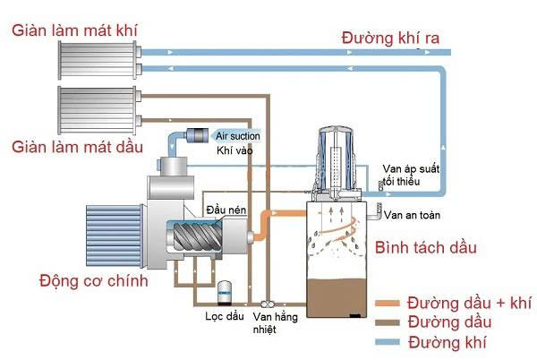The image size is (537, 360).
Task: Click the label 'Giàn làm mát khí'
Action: coord(74,30)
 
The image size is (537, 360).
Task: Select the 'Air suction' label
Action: coord(238,135)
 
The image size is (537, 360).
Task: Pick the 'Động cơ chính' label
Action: coord(81,281)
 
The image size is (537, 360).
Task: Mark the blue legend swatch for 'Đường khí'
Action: coord(388,341)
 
